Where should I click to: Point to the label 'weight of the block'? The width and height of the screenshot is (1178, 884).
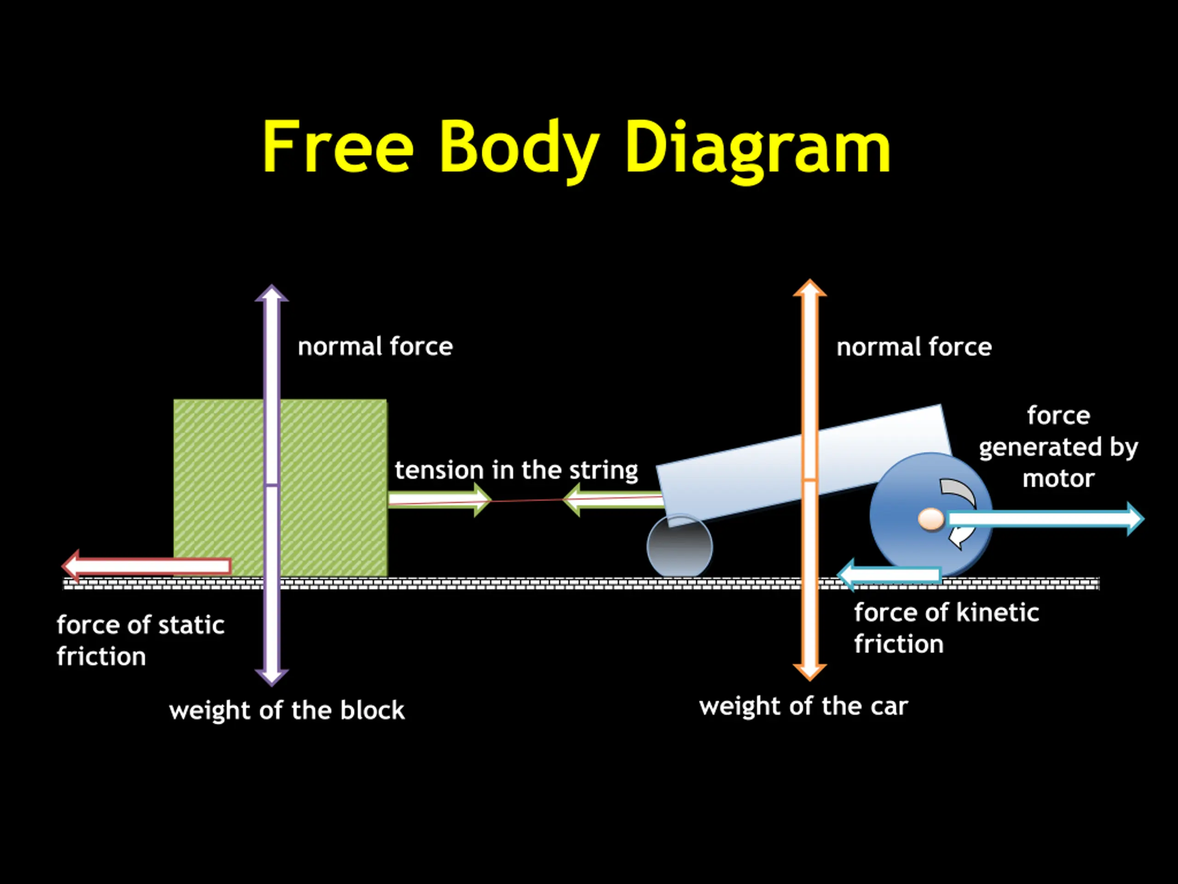pos(287,710)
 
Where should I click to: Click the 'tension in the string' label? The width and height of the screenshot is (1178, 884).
pos(516,470)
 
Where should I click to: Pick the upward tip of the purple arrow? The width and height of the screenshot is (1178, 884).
pos(271,291)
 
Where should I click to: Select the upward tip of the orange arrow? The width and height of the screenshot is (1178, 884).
pos(810,285)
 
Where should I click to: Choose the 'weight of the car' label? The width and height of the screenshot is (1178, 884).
pos(803,706)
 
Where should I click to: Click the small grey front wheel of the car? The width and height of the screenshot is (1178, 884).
pos(680,546)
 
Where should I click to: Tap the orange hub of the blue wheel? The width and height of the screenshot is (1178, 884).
pos(931,519)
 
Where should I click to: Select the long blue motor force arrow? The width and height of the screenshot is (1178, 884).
pos(1044,518)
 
